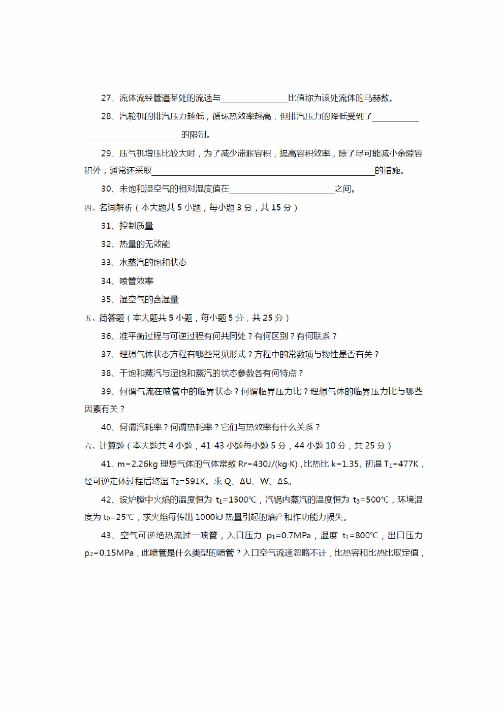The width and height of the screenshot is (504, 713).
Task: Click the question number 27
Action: point(106,98)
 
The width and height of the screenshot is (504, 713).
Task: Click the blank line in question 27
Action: point(254,100)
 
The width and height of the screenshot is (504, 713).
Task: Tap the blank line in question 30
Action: point(282,191)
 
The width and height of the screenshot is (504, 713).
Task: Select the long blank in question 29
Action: point(263,173)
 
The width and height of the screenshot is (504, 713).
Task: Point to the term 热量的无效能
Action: point(144,244)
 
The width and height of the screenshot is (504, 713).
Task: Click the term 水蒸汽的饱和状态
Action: point(153,262)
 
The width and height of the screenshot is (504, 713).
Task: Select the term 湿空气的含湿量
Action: point(149,299)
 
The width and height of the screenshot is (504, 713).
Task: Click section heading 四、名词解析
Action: point(109,207)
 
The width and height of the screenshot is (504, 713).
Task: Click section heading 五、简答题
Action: point(105,318)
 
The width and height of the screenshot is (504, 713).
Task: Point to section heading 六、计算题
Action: point(105,446)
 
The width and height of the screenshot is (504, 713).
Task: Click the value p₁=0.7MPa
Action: point(288,536)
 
